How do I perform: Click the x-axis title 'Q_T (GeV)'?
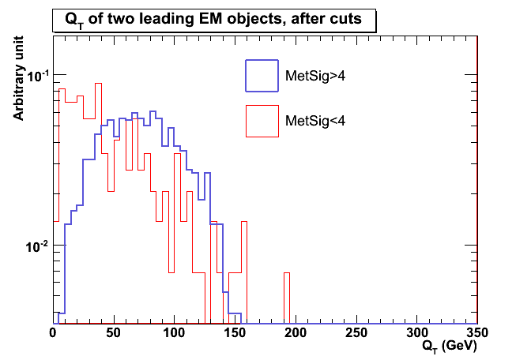point(449,346)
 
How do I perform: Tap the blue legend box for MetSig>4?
point(262,76)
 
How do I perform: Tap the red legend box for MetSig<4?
point(262,121)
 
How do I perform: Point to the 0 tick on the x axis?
point(54,334)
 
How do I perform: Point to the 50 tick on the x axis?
point(114,334)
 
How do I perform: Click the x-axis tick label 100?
point(174,334)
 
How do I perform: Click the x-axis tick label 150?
point(235,334)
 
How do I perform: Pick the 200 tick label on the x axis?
point(295,334)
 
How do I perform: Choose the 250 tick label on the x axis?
point(355,334)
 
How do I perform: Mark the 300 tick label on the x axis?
point(416,334)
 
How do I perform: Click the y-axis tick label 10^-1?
point(36,76)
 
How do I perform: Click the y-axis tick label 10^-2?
point(36,247)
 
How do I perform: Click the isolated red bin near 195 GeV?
point(287,298)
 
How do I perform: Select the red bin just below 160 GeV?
point(244,272)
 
